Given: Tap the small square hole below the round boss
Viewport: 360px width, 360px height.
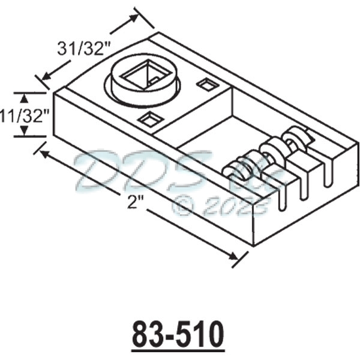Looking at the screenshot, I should (x=148, y=119).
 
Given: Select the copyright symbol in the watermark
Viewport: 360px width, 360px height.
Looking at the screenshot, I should (x=182, y=206).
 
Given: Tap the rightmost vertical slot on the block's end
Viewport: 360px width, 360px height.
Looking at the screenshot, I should (x=327, y=171).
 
